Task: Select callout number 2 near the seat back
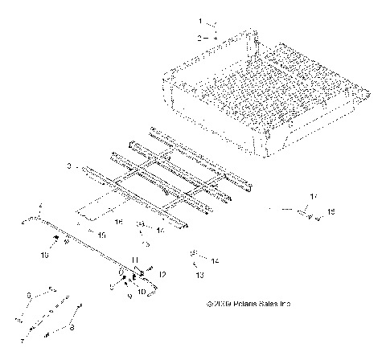pos(201,37)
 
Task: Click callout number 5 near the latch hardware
pos(111,284)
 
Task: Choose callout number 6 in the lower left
pos(29,296)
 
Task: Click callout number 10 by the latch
pos(142,292)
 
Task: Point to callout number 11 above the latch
pos(136,260)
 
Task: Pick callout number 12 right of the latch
pos(162,275)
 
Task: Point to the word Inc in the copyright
pos(285,305)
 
